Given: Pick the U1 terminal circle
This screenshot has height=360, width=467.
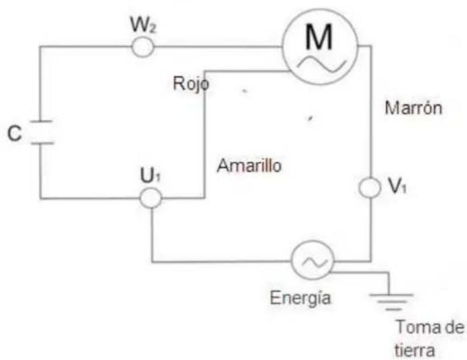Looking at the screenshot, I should click(150, 198).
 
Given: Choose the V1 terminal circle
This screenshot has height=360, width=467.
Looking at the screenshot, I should click(370, 189).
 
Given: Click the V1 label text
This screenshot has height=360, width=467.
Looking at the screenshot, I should click(400, 189).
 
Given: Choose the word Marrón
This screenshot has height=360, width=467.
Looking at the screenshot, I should click(412, 108).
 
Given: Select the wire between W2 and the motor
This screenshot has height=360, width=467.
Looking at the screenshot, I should click(216, 47).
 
